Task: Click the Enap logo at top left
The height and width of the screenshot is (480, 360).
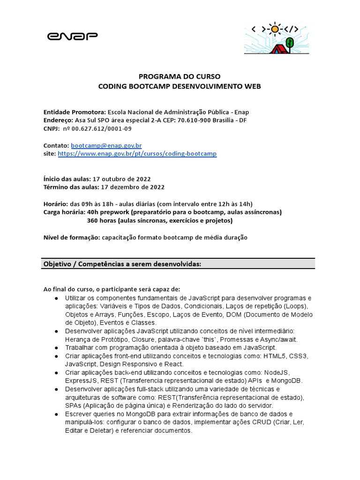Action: point(73,36)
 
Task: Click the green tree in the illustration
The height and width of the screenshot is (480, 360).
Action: point(290,43)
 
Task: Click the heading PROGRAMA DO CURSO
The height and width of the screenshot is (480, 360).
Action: point(180,76)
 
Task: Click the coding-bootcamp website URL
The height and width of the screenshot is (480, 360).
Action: point(137,154)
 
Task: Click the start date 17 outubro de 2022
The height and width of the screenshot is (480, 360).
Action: point(122,179)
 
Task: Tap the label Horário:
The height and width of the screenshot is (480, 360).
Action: point(55,203)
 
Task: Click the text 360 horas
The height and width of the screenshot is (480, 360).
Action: point(102,220)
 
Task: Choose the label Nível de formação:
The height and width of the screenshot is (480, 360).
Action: point(71,238)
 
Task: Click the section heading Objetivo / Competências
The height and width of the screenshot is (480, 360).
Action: point(122,264)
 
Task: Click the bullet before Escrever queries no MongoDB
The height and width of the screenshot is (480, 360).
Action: point(56,414)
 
